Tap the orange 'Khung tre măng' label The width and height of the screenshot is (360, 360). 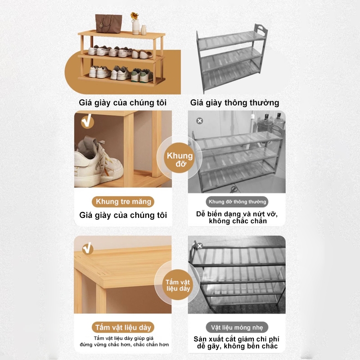click(x=123, y=202)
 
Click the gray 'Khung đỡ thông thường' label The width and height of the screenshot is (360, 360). click(x=237, y=202)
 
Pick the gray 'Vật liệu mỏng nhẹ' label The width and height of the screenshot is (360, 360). click(x=237, y=327)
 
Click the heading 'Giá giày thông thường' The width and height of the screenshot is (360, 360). click(x=234, y=103)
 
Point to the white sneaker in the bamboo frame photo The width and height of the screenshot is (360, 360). click(x=97, y=159)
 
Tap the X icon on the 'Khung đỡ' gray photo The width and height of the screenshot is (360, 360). click(x=200, y=121)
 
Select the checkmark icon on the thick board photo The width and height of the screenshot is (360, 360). click(x=87, y=247)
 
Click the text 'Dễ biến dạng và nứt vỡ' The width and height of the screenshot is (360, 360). click(x=237, y=213)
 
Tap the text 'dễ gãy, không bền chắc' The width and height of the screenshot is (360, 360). click(x=237, y=346)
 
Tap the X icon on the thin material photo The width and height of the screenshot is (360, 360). click(x=200, y=246)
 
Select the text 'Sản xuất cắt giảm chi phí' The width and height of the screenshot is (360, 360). click(x=237, y=338)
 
